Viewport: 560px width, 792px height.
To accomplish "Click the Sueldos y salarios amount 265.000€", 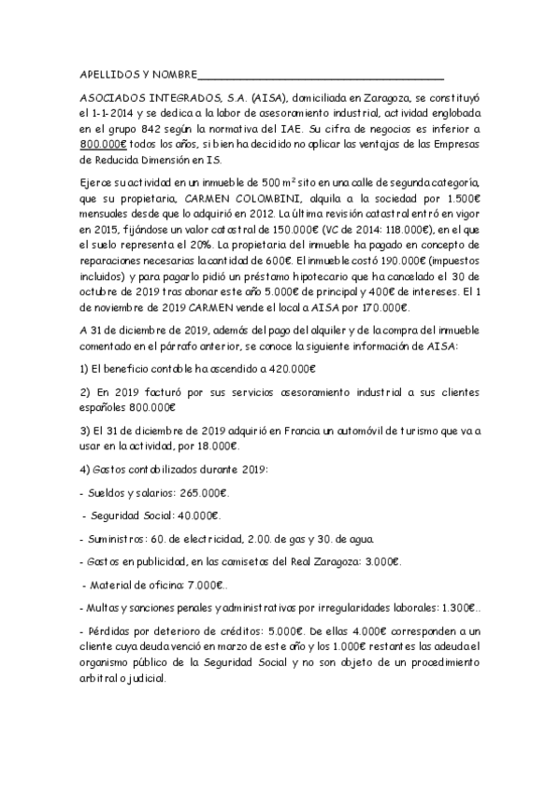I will tap(202, 492).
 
